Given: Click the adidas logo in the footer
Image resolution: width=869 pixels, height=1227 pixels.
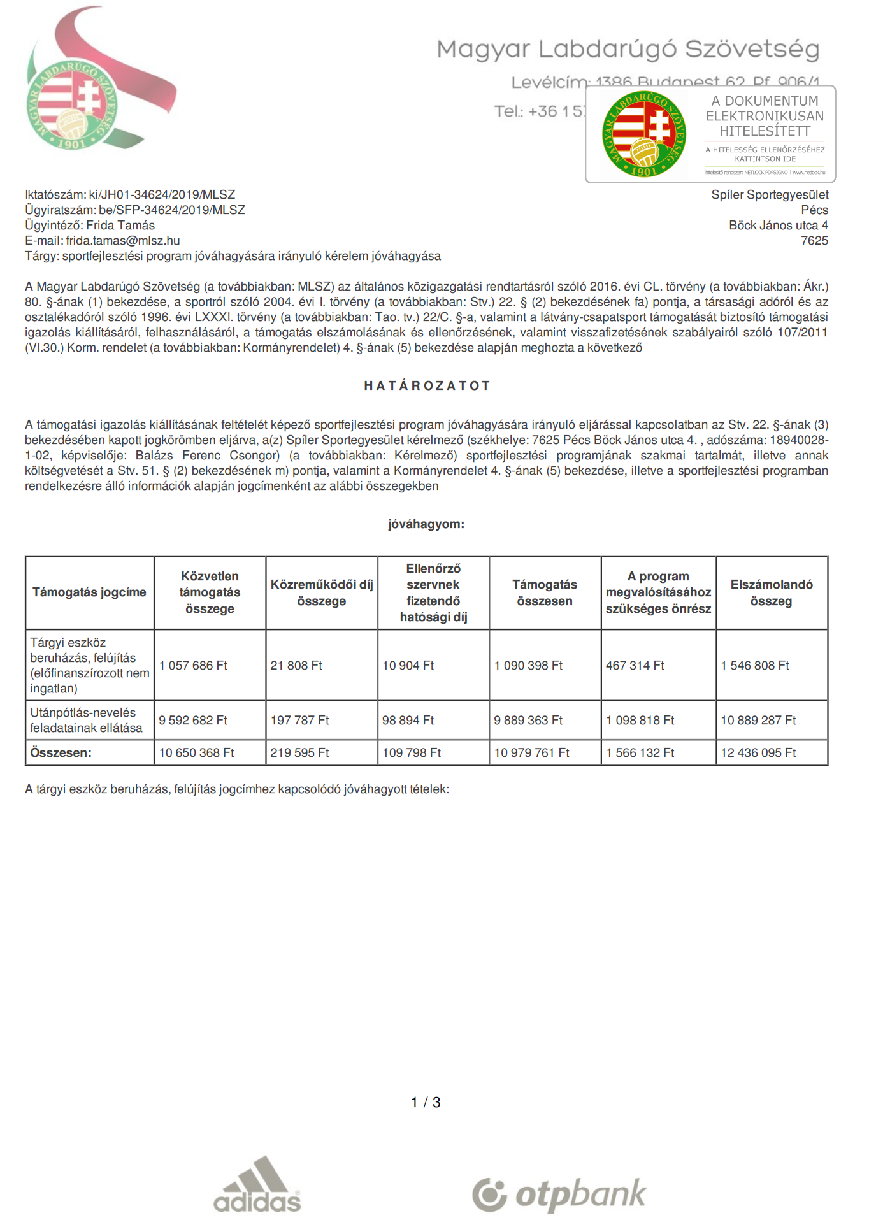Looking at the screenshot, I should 257,1184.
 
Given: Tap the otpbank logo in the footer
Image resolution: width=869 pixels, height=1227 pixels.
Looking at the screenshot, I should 559,1195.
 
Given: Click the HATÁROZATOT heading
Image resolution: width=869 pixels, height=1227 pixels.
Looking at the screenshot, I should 427,385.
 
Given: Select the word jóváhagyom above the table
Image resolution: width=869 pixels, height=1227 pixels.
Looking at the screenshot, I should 426,524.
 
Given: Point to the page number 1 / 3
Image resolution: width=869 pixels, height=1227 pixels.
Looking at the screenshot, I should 426,1103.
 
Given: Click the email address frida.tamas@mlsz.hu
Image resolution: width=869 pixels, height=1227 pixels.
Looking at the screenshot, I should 123,241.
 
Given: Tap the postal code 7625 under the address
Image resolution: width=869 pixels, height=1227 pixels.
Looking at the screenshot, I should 814,241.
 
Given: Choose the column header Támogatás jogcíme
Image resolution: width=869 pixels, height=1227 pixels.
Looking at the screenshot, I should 89,592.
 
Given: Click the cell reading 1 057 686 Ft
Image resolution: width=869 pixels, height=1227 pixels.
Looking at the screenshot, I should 193,666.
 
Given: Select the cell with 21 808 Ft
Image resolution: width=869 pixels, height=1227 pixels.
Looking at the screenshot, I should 296,666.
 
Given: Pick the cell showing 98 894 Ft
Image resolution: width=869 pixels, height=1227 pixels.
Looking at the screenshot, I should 408,721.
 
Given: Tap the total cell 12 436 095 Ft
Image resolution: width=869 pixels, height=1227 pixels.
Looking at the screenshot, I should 758,753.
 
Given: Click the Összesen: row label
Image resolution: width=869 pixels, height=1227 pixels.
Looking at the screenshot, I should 61,753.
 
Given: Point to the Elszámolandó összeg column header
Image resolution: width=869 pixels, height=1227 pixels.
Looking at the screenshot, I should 772,592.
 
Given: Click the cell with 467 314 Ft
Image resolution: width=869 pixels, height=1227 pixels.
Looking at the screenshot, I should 635,666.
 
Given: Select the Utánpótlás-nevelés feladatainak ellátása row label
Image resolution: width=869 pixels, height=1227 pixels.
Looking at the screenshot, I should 86,721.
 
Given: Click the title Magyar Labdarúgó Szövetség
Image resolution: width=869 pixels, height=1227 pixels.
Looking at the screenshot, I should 628,49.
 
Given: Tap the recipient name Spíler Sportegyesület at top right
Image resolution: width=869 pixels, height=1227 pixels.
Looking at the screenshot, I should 770,195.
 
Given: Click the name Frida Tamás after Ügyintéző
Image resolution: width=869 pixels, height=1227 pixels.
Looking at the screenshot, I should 120,226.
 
